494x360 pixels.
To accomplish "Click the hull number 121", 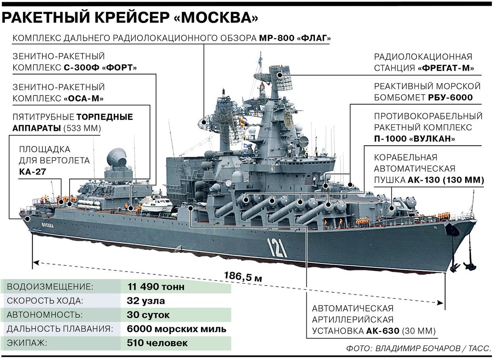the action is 277,248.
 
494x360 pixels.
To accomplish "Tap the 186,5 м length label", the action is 243,276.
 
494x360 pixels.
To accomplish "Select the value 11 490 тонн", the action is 156,287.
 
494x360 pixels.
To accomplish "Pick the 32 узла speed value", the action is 146,301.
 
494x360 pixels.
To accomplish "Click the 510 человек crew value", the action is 157,343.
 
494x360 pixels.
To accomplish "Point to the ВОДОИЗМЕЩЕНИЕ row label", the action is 50,287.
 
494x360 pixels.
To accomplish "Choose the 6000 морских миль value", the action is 177,329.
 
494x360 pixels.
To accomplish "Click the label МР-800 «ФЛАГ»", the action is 295,38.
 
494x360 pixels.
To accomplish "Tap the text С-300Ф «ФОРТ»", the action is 100,67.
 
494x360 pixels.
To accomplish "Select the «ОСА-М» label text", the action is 84,98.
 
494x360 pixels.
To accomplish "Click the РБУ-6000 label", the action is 450,97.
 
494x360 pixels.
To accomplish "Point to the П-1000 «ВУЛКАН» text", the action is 415,138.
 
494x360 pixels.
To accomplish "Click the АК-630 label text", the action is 383,331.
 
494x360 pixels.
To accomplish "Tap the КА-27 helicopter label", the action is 33,172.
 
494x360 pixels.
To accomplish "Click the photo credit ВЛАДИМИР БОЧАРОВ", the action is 418,348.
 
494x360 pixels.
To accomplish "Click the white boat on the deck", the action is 157,205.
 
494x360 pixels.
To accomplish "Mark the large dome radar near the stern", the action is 117,158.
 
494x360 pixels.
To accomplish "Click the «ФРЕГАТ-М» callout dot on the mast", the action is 280,75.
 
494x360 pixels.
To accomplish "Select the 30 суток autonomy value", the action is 148,315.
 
